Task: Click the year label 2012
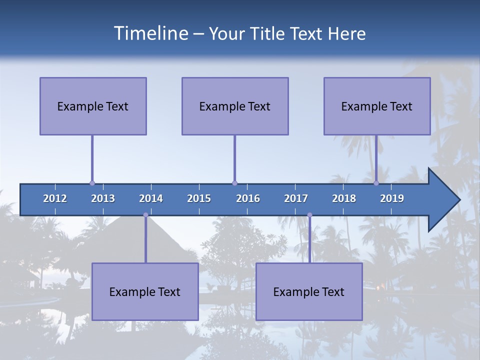pos(55,198)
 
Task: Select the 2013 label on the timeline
pos(103,198)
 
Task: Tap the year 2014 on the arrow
pos(151,198)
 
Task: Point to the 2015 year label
pos(199,198)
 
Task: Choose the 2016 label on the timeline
pos(248,198)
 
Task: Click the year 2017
pos(296,198)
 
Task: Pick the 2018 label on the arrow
pos(344,198)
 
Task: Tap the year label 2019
pos(392,198)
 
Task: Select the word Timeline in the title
pos(150,33)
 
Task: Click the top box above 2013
pos(93,106)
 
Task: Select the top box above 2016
pos(235,106)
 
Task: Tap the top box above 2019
pos(377,106)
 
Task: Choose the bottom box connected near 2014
pos(145,291)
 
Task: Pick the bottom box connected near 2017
pos(309,291)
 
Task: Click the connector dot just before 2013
pos(92,183)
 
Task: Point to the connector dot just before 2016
pos(234,183)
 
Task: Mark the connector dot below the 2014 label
pos(145,215)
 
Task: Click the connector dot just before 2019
pos(376,183)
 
